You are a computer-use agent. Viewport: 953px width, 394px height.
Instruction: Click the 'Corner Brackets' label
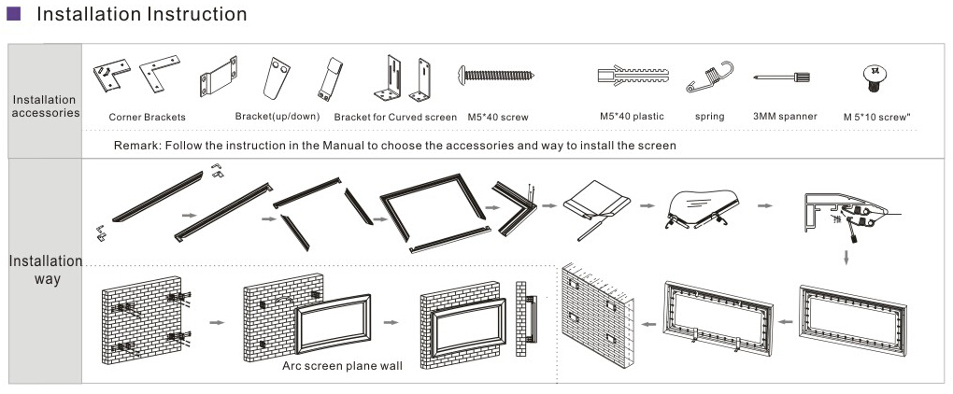tap(147, 118)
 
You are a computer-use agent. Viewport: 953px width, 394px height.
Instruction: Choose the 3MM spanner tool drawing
tap(785, 77)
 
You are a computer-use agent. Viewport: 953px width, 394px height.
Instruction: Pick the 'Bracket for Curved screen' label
tap(395, 118)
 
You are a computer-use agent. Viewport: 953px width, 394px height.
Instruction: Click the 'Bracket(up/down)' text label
tap(277, 117)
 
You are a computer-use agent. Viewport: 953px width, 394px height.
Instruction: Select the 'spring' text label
tap(710, 117)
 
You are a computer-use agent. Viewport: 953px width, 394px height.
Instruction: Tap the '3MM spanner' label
tap(785, 117)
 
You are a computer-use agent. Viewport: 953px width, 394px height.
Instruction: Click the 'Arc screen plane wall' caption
tap(342, 366)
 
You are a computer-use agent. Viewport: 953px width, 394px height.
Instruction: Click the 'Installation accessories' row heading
tap(45, 106)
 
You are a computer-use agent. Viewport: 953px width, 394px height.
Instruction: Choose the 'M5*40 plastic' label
tap(632, 117)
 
